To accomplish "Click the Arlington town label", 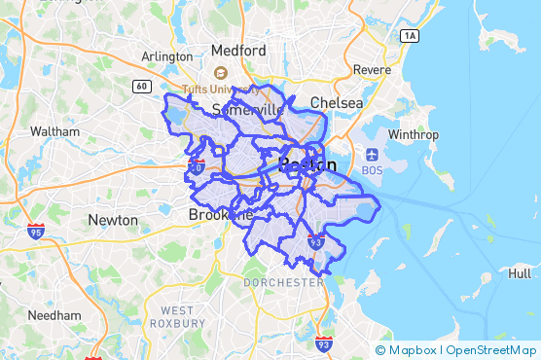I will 167,56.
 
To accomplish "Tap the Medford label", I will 238,50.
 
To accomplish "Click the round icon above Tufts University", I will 220,72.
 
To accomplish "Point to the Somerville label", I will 247,109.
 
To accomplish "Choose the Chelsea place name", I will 337,102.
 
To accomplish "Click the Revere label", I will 372,69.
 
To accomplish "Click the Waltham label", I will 54,130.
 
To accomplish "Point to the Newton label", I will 113,220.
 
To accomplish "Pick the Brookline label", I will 221,214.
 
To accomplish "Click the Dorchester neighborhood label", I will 284,282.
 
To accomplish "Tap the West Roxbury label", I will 177,316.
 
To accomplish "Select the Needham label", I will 54,315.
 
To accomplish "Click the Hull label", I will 520,274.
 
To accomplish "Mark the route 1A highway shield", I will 409,35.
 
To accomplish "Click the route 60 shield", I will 142,87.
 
